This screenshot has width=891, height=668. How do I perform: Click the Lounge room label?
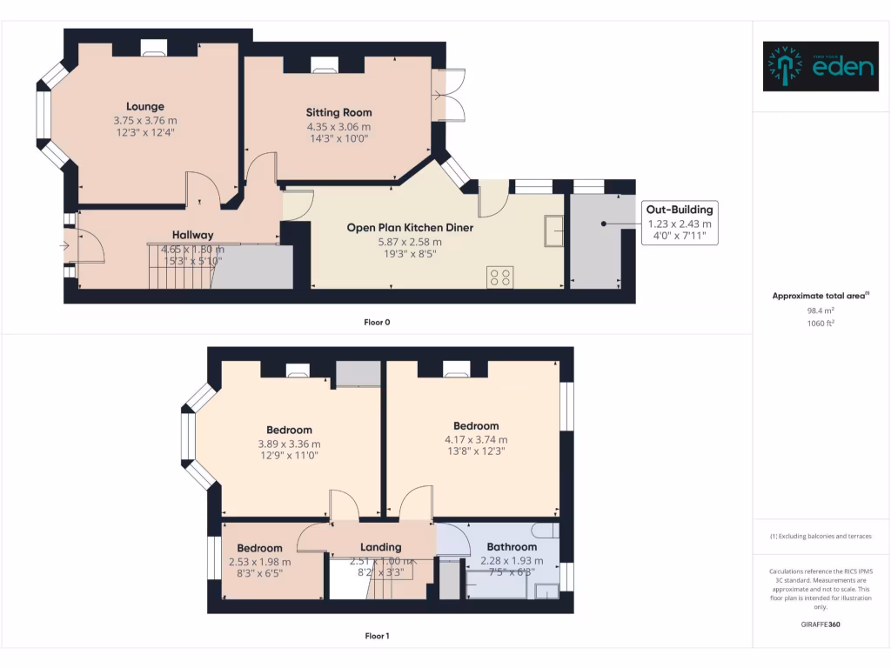click(144, 107)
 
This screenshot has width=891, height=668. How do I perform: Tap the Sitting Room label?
click(338, 112)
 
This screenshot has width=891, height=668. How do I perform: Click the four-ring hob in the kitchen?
click(500, 277)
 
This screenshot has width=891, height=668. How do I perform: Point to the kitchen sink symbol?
click(553, 229)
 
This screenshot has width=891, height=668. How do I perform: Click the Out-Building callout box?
click(680, 222)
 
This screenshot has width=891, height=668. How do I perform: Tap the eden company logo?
click(821, 66)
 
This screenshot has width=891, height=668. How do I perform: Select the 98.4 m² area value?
click(821, 310)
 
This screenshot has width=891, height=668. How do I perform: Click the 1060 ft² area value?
click(821, 323)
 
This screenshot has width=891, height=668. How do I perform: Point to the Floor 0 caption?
click(377, 322)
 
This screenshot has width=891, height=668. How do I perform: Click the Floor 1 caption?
click(377, 636)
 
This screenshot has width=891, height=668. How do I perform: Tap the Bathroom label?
click(512, 547)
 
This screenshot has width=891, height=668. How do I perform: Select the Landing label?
click(381, 547)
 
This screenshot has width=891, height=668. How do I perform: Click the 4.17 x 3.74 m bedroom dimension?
click(476, 439)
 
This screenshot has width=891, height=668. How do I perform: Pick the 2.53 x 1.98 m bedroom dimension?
click(259, 562)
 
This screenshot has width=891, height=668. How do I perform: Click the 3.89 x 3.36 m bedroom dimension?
click(289, 444)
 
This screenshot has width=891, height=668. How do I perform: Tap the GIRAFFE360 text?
click(821, 624)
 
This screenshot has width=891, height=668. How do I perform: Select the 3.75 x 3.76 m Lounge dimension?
click(144, 121)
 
